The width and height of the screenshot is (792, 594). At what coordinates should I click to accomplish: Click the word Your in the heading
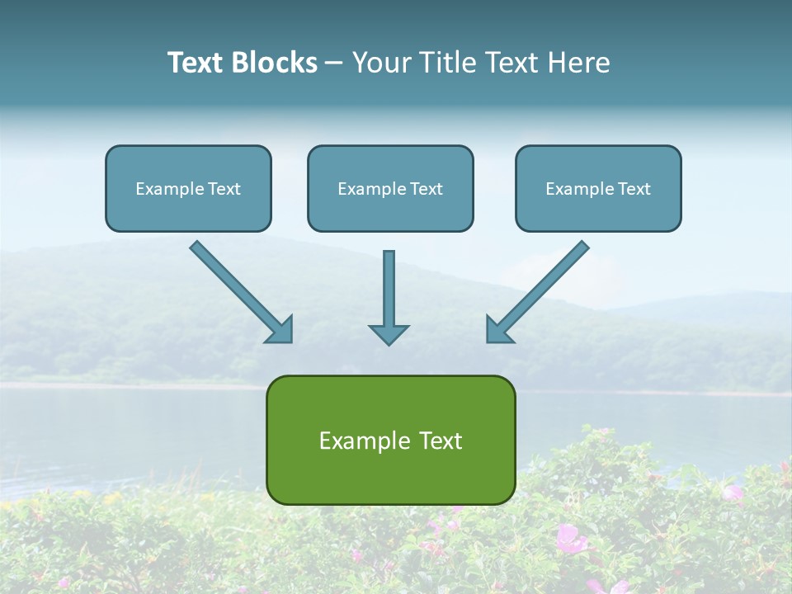[x=381, y=63]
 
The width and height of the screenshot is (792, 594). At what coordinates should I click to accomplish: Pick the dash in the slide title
[x=335, y=64]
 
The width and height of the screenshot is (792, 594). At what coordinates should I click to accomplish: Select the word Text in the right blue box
[x=634, y=189]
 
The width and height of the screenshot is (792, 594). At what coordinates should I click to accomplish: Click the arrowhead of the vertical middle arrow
[x=389, y=334]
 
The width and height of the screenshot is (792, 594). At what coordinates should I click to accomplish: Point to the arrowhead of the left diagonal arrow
[x=282, y=331]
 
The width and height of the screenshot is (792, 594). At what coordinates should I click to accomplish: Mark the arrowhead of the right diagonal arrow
[x=497, y=331]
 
